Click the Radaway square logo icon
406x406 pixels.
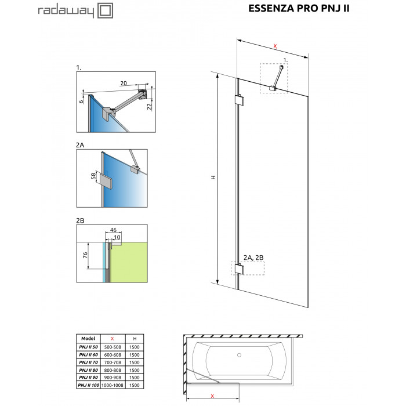[105, 10]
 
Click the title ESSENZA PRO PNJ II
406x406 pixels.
[299, 8]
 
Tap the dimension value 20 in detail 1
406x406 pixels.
[124, 83]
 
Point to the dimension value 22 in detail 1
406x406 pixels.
[150, 106]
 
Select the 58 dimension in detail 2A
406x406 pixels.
[93, 176]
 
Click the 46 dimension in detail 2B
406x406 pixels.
[113, 230]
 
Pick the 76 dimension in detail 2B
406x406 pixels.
[85, 255]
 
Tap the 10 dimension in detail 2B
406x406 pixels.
[117, 237]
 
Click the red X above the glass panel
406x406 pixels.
[275, 46]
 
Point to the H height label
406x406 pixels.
[213, 177]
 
